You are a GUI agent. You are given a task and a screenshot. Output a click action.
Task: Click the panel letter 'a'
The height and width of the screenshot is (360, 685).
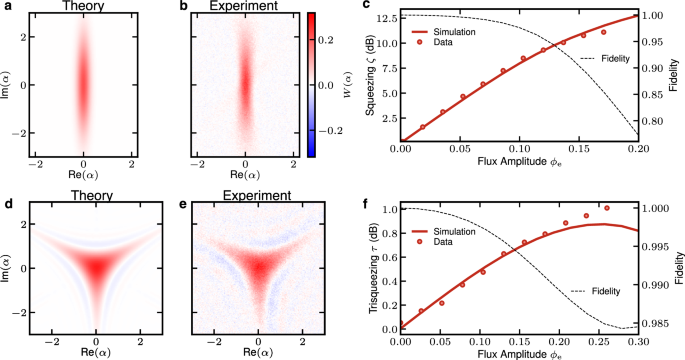[x=8, y=7]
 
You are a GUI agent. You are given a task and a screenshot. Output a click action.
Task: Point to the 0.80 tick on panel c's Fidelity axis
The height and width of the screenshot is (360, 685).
[x=653, y=121]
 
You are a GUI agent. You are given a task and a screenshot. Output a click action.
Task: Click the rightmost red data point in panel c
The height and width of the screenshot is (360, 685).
[x=604, y=32]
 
